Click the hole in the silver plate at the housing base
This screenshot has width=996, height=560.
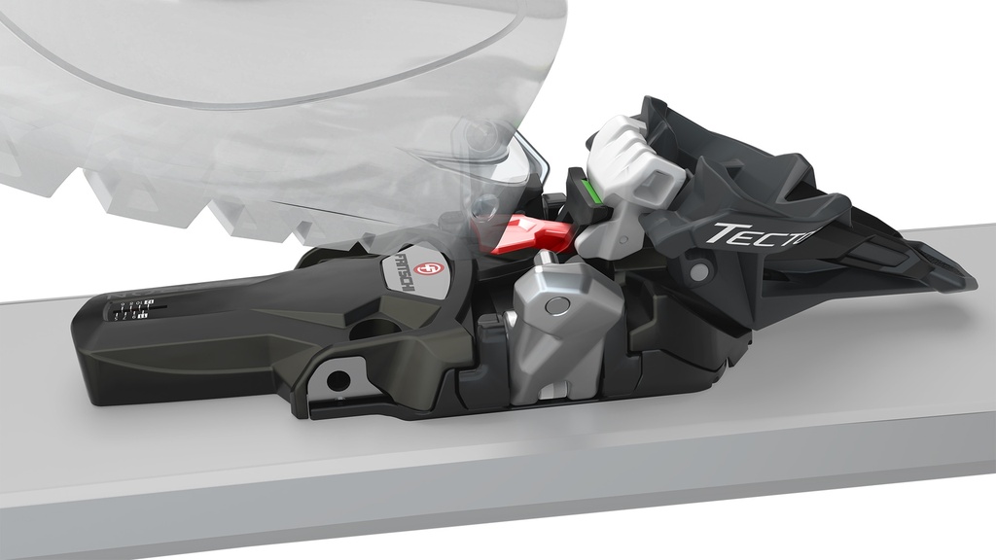coord(338,379)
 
